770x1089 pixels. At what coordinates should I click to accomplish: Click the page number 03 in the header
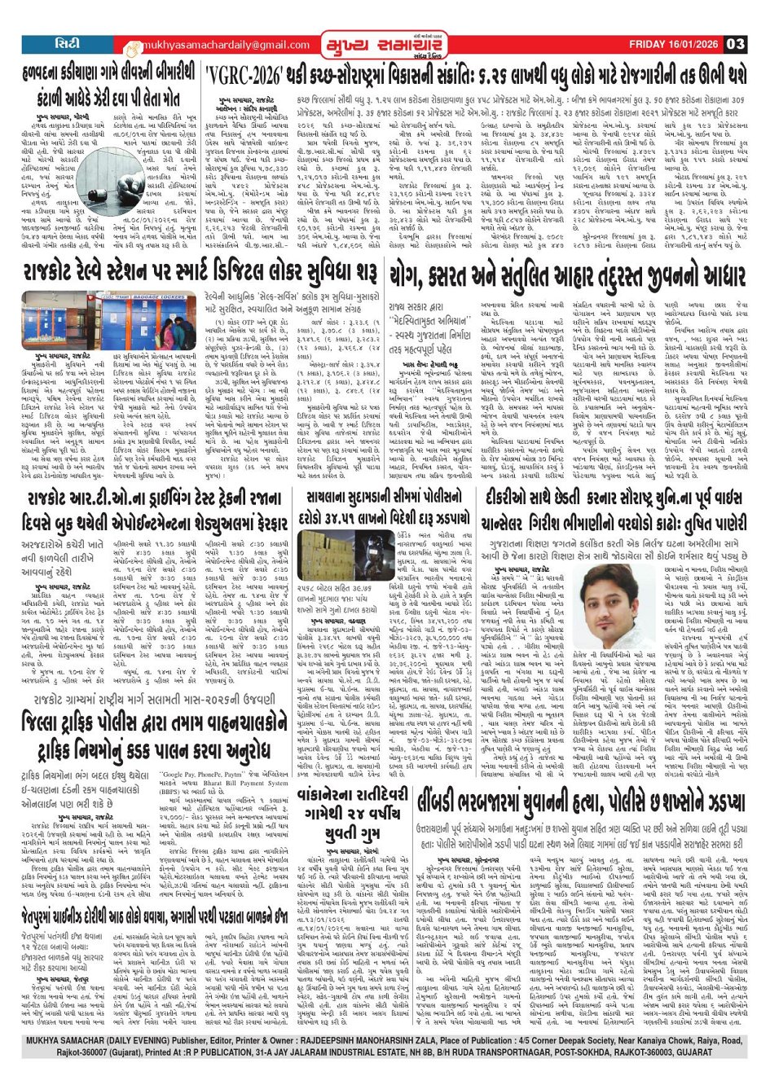[x=735, y=43]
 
